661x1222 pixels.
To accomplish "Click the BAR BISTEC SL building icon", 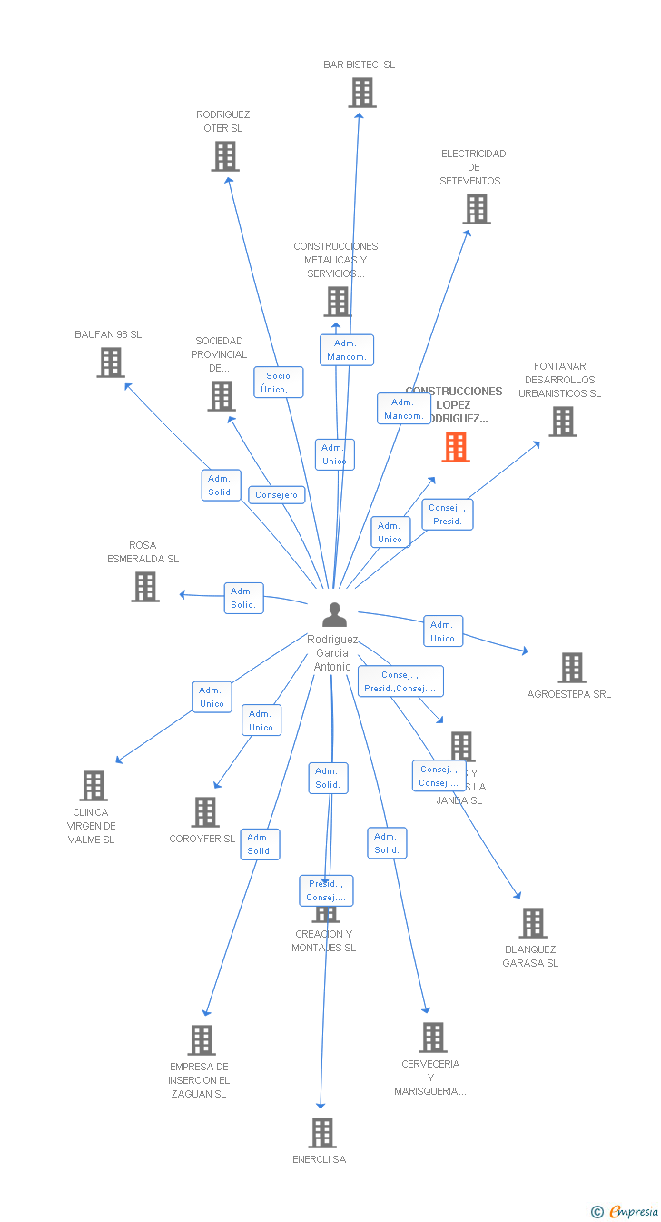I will (362, 93).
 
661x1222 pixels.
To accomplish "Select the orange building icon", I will (456, 447).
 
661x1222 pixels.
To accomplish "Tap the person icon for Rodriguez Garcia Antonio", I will (335, 615).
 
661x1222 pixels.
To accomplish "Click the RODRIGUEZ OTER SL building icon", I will (225, 156).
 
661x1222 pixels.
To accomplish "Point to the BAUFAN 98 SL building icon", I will (111, 363).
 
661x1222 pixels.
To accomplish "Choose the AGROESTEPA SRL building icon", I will (571, 668).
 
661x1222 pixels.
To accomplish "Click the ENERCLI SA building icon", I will (322, 1133).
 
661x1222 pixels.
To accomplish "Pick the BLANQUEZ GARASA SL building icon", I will (533, 923).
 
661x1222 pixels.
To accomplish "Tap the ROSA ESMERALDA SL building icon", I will (145, 587).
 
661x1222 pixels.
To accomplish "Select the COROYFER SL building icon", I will (206, 812).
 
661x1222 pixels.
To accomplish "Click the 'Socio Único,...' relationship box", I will (279, 382).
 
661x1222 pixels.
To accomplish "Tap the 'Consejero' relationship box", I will (277, 495).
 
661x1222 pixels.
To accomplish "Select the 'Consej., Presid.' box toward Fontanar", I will (447, 514).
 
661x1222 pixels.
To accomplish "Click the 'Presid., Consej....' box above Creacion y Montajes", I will (326, 890).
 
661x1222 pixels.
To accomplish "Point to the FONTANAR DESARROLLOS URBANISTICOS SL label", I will (560, 380).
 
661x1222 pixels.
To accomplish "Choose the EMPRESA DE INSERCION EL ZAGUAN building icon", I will (202, 1040).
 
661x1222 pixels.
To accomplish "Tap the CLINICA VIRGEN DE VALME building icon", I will (94, 786).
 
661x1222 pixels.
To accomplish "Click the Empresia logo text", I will (634, 1211).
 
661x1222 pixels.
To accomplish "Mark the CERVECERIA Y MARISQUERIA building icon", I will (433, 1038).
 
